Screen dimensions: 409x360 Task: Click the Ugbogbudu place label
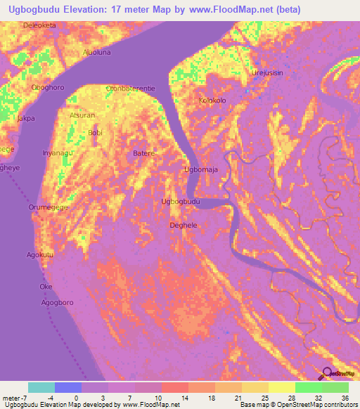181,202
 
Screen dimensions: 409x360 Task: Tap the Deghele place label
184,226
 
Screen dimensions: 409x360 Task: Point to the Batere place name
144,152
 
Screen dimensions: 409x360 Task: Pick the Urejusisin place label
268,73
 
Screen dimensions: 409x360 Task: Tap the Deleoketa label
39,25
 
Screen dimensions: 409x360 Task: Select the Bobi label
95,132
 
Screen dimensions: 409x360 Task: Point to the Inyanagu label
57,152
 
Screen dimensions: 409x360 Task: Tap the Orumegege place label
50,207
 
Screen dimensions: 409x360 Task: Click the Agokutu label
41,254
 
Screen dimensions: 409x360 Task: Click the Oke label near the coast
46,287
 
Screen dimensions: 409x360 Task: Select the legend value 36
345,398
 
